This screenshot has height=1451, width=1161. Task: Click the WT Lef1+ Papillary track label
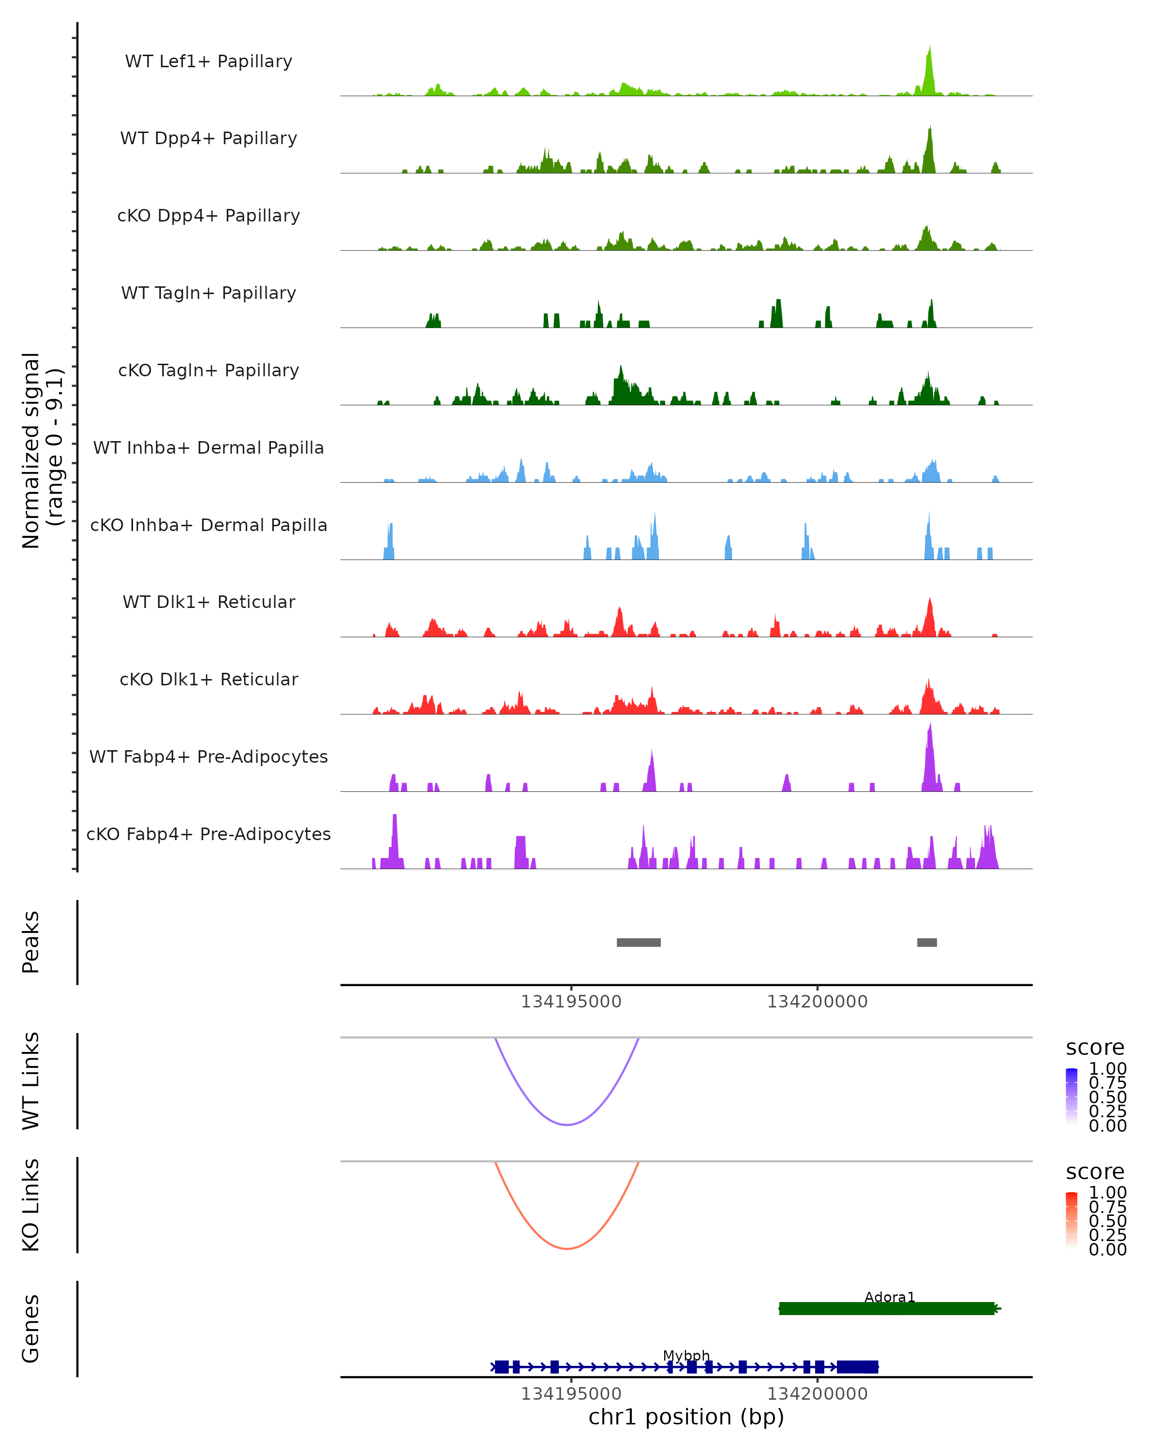point(208,61)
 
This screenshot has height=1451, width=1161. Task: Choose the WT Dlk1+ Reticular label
point(208,602)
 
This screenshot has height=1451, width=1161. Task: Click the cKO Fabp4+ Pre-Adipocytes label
point(208,834)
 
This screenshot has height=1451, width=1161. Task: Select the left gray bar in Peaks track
point(639,942)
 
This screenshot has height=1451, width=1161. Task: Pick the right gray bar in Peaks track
point(927,942)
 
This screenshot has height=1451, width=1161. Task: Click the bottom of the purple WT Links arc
point(567,1125)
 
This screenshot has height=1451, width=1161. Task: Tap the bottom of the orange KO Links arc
point(567,1248)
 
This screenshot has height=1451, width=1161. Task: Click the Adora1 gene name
point(889,1297)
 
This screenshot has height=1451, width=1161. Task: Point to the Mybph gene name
point(686,1355)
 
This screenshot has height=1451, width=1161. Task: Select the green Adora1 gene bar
point(886,1309)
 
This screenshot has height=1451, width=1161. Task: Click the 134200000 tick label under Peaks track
point(817,1002)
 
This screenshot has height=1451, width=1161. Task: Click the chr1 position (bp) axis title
point(686,1417)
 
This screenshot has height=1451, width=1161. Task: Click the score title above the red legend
point(1094,1172)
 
